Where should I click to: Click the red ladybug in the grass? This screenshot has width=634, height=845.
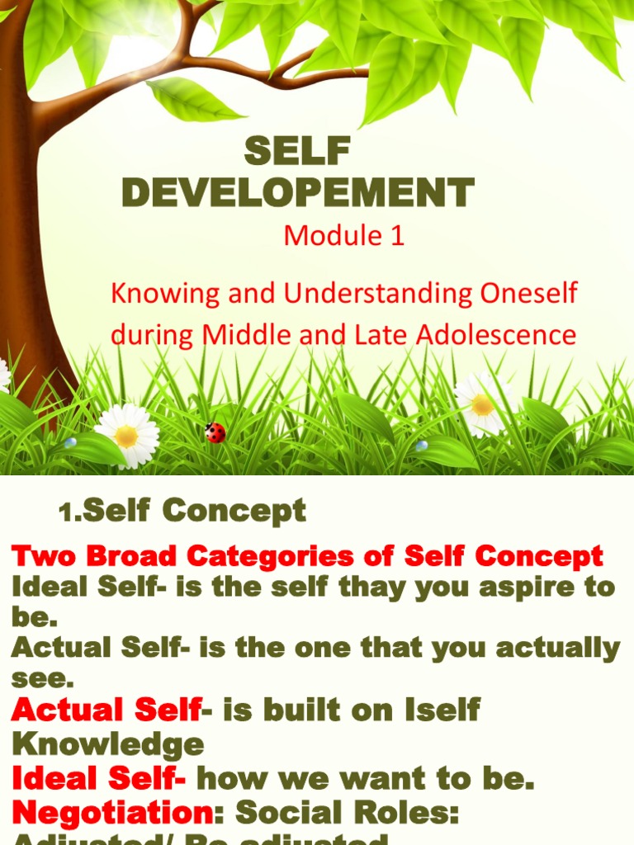(x=215, y=432)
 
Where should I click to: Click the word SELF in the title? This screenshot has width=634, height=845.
(x=297, y=152)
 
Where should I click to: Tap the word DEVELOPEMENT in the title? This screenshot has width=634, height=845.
(x=297, y=193)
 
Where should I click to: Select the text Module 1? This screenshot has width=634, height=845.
(x=344, y=236)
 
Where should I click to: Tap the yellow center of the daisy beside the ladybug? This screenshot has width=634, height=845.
(x=126, y=436)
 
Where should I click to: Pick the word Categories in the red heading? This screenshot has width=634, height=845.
(x=266, y=556)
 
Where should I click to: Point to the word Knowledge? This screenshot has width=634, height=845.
(x=108, y=744)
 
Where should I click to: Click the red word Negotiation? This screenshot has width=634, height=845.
(x=113, y=813)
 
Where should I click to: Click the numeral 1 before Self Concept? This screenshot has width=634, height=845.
(x=68, y=514)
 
